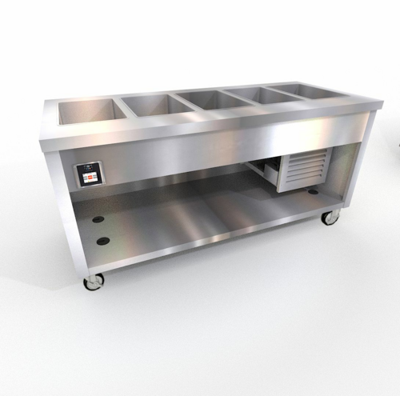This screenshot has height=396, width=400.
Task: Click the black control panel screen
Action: pyautogui.click(x=89, y=173)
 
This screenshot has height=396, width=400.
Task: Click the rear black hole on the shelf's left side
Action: pyautogui.click(x=98, y=218)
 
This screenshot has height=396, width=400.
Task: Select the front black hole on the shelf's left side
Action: pyautogui.click(x=102, y=240)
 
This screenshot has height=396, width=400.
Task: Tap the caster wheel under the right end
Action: pyautogui.click(x=329, y=216)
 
